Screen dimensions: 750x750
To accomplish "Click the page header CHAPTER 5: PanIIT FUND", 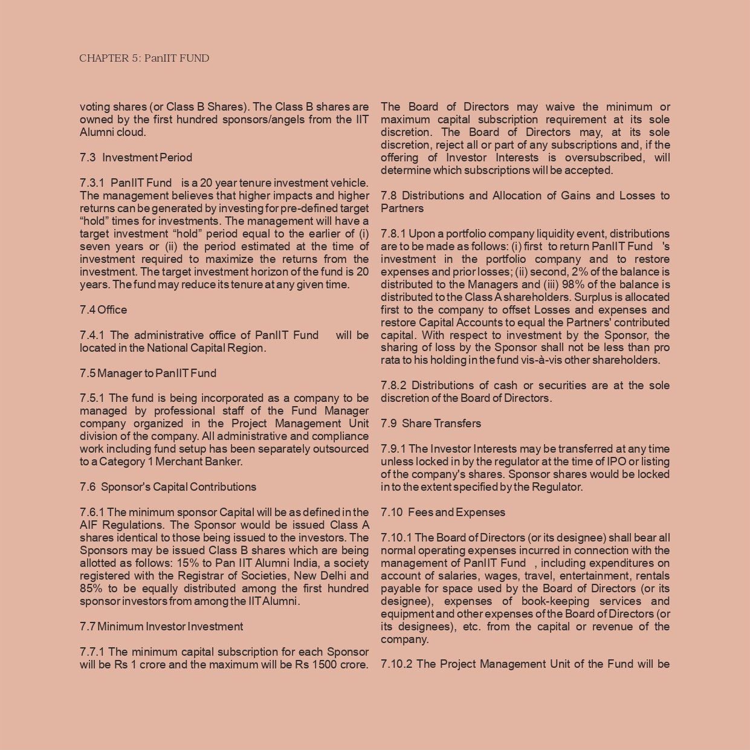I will pyautogui.click(x=144, y=59).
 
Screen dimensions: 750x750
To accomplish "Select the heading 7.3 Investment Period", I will pyautogui.click(x=136, y=158).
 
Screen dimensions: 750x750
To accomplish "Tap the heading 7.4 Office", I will pyautogui.click(x=103, y=310).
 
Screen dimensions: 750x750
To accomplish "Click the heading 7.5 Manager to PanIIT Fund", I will pyautogui.click(x=148, y=373).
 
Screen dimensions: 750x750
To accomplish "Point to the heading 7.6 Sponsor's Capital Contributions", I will pyautogui.click(x=168, y=487).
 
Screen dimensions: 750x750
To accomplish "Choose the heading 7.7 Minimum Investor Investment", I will pyautogui.click(x=161, y=627).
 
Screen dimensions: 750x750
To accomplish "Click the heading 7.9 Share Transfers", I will pyautogui.click(x=431, y=424).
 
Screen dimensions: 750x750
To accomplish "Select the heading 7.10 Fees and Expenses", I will pyautogui.click(x=443, y=512).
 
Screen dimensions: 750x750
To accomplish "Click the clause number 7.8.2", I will pyautogui.click(x=393, y=386).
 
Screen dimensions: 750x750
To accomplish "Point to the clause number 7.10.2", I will pyautogui.click(x=396, y=664).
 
